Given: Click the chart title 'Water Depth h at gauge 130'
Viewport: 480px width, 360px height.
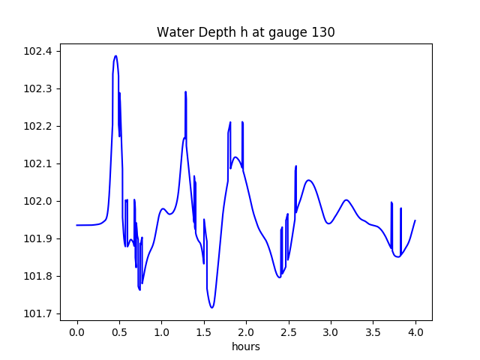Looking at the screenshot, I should click(245, 32).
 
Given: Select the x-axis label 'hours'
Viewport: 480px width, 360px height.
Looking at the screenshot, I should click(245, 348).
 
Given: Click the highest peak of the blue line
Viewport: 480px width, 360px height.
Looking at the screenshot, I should click(115, 55).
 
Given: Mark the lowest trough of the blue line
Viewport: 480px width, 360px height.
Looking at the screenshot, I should click(212, 307).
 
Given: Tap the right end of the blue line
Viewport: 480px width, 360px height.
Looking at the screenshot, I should click(415, 220).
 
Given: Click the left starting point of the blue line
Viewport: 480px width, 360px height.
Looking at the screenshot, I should click(76, 225).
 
